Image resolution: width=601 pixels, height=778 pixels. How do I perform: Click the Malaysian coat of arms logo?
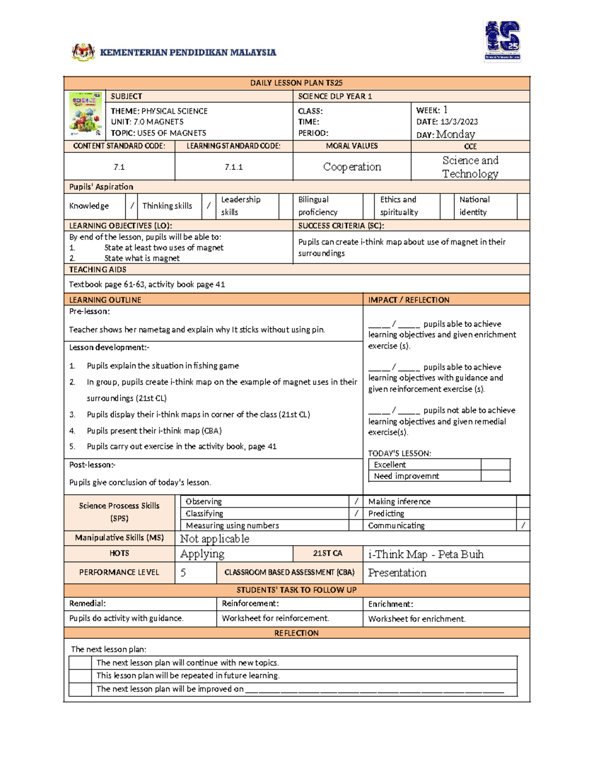click(x=83, y=52)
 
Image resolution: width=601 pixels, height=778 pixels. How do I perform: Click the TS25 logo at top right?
click(x=502, y=41)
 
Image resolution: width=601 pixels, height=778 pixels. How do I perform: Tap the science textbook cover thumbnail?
click(x=85, y=115)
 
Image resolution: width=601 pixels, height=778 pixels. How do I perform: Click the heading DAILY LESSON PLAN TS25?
click(x=296, y=83)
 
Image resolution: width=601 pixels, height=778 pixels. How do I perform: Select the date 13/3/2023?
click(x=459, y=122)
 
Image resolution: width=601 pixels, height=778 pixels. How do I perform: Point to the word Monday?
click(x=455, y=134)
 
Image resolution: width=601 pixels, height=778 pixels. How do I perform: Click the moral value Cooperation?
click(x=352, y=167)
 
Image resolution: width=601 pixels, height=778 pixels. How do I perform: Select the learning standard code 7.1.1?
click(x=233, y=167)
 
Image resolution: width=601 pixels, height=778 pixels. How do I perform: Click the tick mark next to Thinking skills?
click(x=209, y=206)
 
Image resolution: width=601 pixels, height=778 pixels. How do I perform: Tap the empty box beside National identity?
click(x=523, y=206)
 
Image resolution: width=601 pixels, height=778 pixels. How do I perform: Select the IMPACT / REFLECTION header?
click(x=409, y=300)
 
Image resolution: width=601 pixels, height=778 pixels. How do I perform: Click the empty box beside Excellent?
click(x=495, y=464)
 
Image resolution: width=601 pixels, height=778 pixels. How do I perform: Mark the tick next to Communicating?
click(x=523, y=526)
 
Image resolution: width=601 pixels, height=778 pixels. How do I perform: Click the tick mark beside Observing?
click(x=356, y=501)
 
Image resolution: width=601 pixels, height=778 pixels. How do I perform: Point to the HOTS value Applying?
click(x=202, y=554)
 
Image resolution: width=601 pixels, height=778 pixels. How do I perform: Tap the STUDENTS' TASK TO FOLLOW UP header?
click(x=296, y=590)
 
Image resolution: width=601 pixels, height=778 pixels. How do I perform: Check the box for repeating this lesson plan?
click(x=80, y=676)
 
